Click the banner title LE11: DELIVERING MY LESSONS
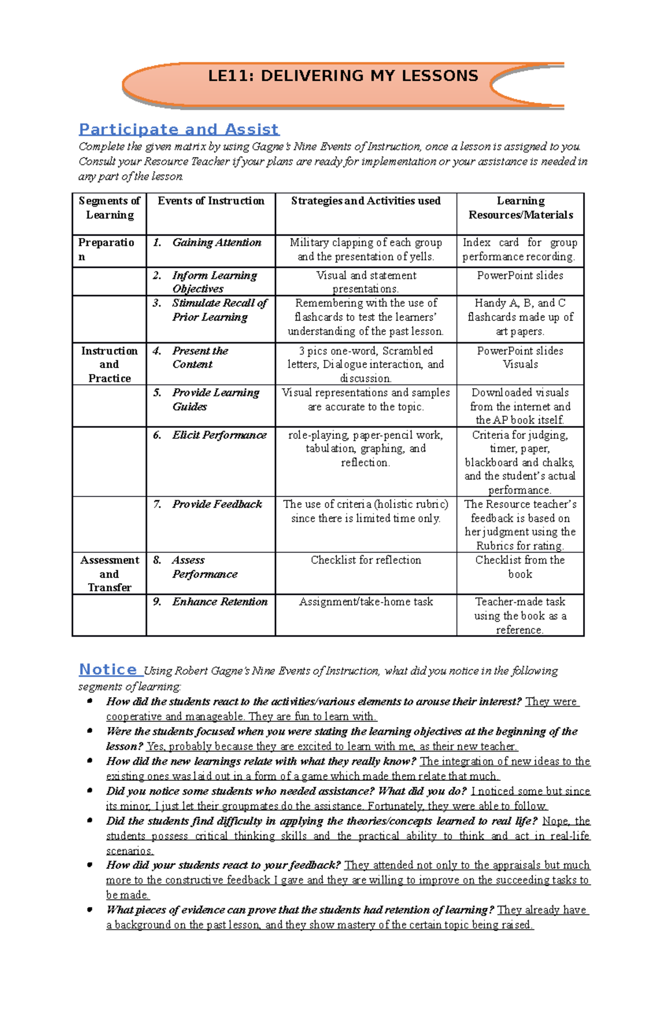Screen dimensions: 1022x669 (x=342, y=76)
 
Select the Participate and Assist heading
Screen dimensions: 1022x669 (x=178, y=129)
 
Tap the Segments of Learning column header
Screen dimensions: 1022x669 (x=109, y=208)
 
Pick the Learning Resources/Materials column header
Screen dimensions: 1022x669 (x=520, y=208)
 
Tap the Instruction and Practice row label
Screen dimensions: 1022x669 (x=109, y=364)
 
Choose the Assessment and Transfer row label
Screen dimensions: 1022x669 (x=109, y=574)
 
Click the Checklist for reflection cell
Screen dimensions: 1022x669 (x=366, y=560)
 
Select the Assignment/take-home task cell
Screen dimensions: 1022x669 (x=366, y=602)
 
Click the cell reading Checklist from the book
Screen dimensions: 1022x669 (x=520, y=567)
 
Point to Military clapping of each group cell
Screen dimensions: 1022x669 (x=366, y=250)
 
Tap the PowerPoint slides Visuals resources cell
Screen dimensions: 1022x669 (x=520, y=358)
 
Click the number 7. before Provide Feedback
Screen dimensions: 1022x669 (x=157, y=504)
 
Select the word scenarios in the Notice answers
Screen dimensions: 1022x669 (x=129, y=851)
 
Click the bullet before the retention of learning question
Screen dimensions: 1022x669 (x=90, y=909)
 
